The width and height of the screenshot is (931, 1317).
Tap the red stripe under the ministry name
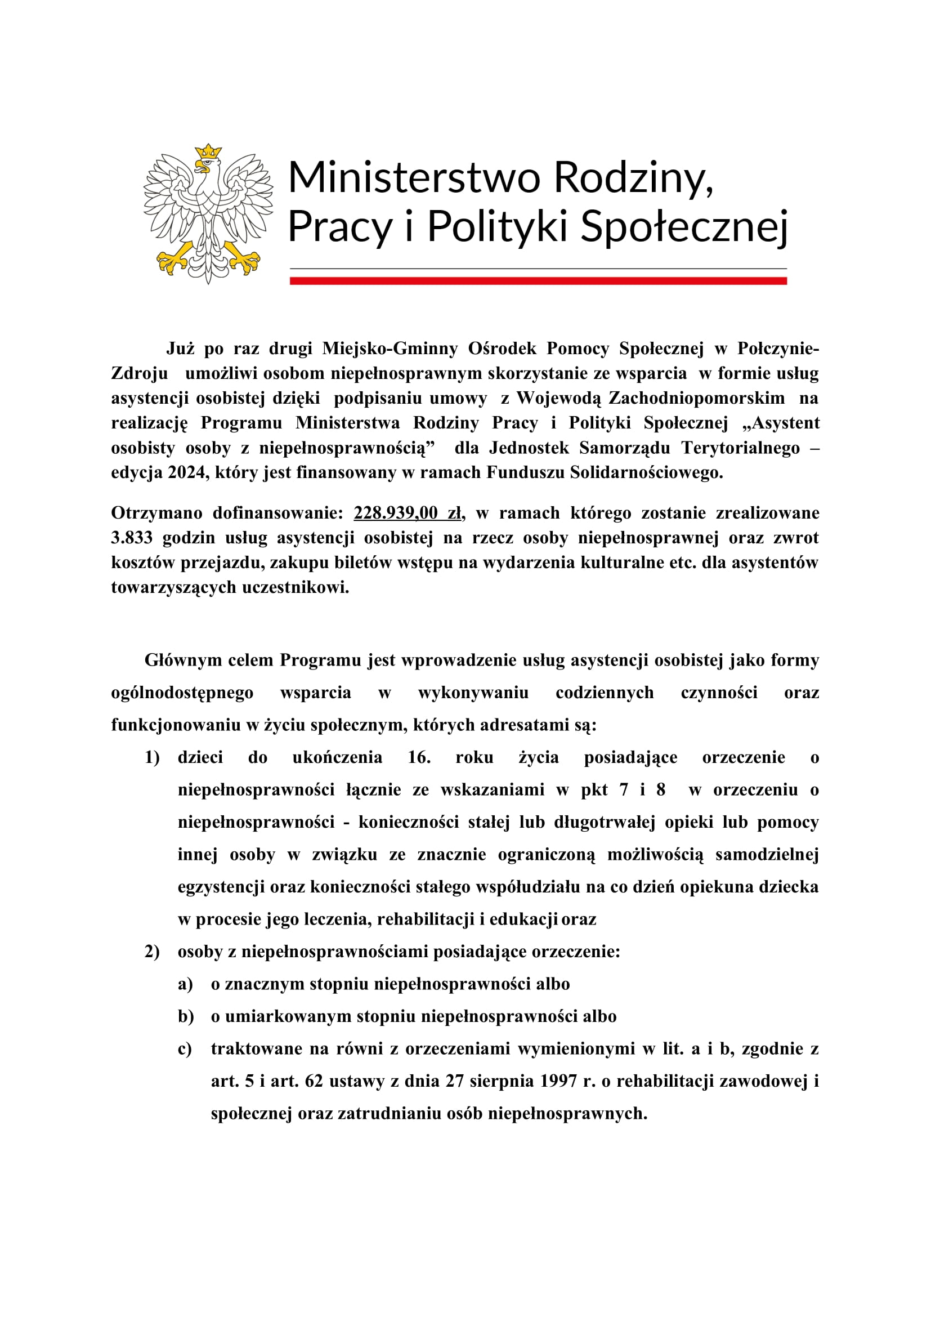[538, 280]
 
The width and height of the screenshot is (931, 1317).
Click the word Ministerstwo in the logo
[414, 177]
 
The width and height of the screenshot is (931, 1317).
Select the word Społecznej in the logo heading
[684, 226]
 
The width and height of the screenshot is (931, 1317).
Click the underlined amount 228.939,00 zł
[408, 513]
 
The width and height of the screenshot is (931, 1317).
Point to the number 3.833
[132, 538]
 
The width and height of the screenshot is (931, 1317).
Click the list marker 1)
[152, 757]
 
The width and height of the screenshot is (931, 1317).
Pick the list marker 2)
[152, 952]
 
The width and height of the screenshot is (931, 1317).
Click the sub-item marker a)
[185, 984]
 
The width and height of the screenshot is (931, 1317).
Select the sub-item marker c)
[185, 1048]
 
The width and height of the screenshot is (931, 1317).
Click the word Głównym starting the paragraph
[181, 660]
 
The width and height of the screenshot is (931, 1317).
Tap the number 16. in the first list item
[419, 757]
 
